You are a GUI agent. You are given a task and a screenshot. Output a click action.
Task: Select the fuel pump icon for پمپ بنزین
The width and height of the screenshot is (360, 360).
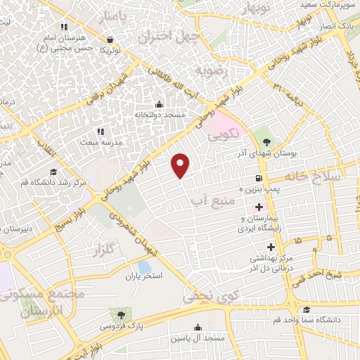coord(259,178)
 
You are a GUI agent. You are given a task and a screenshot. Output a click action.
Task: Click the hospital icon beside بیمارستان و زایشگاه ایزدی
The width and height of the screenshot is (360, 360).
coord(259,207)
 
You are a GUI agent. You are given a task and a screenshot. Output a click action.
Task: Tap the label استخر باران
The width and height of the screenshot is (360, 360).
coord(144,276)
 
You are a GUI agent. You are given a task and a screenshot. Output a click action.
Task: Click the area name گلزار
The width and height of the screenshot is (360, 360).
coord(103,250)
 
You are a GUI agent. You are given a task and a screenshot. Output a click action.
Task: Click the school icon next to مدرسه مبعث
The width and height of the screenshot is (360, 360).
coord(100,131)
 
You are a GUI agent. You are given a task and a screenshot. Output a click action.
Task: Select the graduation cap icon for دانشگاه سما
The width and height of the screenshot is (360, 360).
coord(306,309)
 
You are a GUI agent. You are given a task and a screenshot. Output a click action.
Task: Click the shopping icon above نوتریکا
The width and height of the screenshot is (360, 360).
coord(109,39)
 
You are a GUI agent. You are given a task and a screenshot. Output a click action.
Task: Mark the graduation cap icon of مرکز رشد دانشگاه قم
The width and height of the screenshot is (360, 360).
coord(53,172)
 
